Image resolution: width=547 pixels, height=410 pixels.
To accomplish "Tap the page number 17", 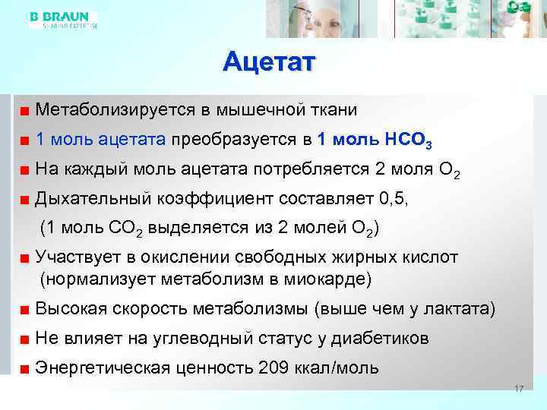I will tap(520, 389).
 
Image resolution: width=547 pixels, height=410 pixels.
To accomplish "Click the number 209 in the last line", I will tap(273, 368).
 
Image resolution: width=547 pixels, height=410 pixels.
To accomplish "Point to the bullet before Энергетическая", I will tap(25, 370).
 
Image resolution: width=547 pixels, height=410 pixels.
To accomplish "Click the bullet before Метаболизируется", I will tap(25, 111).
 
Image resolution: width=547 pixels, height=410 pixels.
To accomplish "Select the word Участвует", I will tap(76, 258).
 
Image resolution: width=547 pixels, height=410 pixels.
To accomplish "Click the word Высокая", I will tap(71, 309).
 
